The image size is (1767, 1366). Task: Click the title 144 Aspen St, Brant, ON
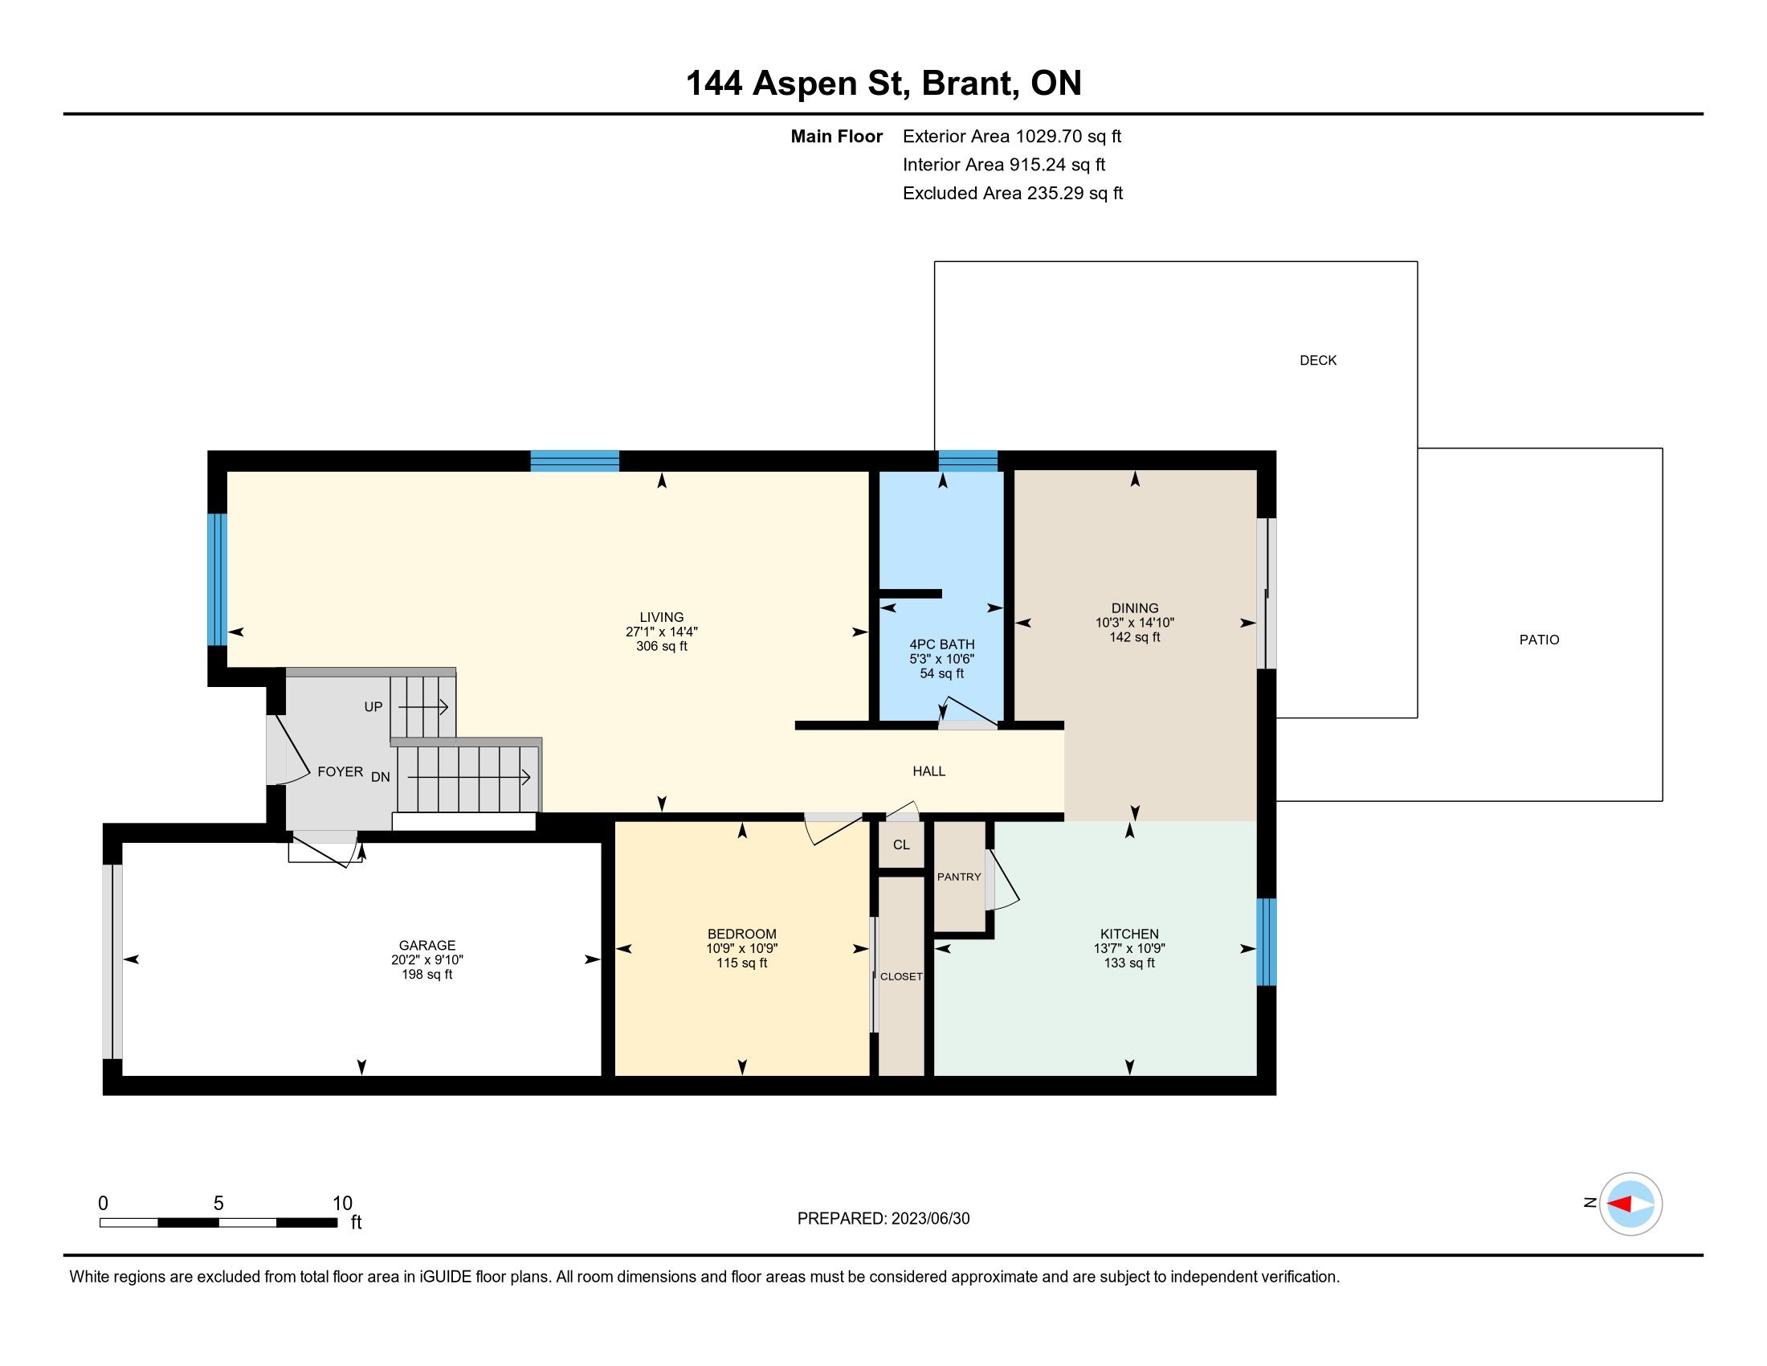tap(883, 84)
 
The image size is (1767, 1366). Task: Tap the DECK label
tap(1318, 361)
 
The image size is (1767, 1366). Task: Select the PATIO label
tap(1539, 640)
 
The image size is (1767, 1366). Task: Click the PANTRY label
tap(959, 877)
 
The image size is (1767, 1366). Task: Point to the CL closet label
tap(901, 845)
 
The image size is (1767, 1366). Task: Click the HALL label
tap(928, 772)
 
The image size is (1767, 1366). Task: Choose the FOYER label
tap(340, 772)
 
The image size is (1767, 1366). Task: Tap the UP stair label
tap(373, 707)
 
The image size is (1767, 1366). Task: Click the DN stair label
tap(380, 778)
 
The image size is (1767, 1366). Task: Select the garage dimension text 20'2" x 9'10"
tap(427, 960)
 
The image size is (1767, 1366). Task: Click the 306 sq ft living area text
tap(662, 647)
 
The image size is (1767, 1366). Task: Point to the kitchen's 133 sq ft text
tap(1129, 963)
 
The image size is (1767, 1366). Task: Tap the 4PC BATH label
tap(942, 645)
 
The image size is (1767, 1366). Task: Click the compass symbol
tap(1630, 1204)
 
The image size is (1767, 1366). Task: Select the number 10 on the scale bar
tap(342, 1204)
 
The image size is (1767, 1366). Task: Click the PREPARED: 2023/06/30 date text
tap(883, 1219)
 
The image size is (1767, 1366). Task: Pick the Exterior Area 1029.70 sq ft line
tap(1012, 137)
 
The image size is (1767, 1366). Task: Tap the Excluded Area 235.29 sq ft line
tap(1013, 194)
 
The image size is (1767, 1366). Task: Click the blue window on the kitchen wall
tap(1266, 942)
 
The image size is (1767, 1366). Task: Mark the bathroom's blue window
tap(968, 461)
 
